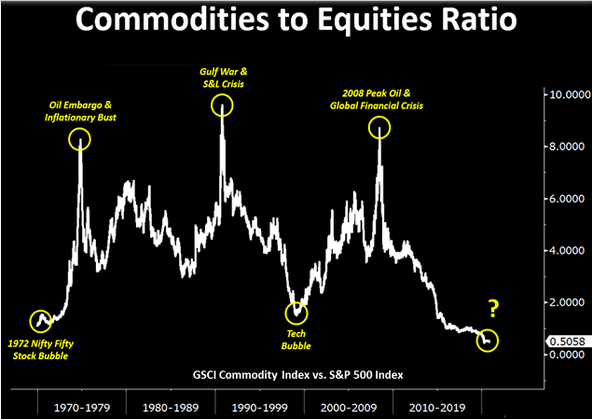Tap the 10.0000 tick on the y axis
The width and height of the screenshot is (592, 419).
(x=569, y=95)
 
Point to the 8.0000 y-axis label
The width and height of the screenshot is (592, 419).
(x=569, y=147)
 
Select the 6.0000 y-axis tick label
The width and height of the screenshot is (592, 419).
(x=569, y=199)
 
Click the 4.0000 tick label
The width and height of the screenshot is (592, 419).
(x=569, y=251)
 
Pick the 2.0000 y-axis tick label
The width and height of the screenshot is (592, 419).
(x=569, y=302)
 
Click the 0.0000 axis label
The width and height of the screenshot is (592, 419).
(x=569, y=355)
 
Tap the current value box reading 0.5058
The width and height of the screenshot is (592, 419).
(x=568, y=341)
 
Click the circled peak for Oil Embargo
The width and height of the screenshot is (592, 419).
(x=79, y=140)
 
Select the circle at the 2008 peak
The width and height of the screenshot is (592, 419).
(x=379, y=127)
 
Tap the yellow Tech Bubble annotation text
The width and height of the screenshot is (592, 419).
(x=297, y=339)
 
